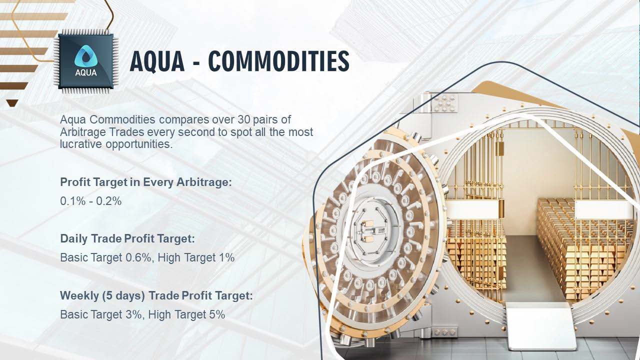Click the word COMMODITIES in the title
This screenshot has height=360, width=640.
[x=278, y=61]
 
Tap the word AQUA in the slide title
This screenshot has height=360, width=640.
[x=157, y=61]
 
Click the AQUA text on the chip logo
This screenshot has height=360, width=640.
[x=86, y=73]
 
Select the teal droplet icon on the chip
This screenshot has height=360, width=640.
[x=86, y=56]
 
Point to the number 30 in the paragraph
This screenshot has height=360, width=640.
[x=244, y=119]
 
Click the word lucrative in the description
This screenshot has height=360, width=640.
[x=81, y=144]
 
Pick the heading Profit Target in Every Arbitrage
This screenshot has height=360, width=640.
[x=145, y=182]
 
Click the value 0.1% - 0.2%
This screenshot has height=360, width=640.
[x=91, y=201]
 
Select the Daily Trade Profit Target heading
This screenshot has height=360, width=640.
[x=127, y=238]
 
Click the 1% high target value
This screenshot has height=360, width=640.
[x=227, y=257]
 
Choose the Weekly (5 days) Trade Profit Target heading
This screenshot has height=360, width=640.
[x=156, y=295]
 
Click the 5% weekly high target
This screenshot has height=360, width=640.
[x=217, y=314]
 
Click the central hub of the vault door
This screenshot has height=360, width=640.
[x=371, y=231]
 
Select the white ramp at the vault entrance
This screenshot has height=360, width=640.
[x=537, y=325]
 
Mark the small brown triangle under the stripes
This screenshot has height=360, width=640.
[x=12, y=103]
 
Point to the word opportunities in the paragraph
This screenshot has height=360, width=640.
[x=139, y=144]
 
